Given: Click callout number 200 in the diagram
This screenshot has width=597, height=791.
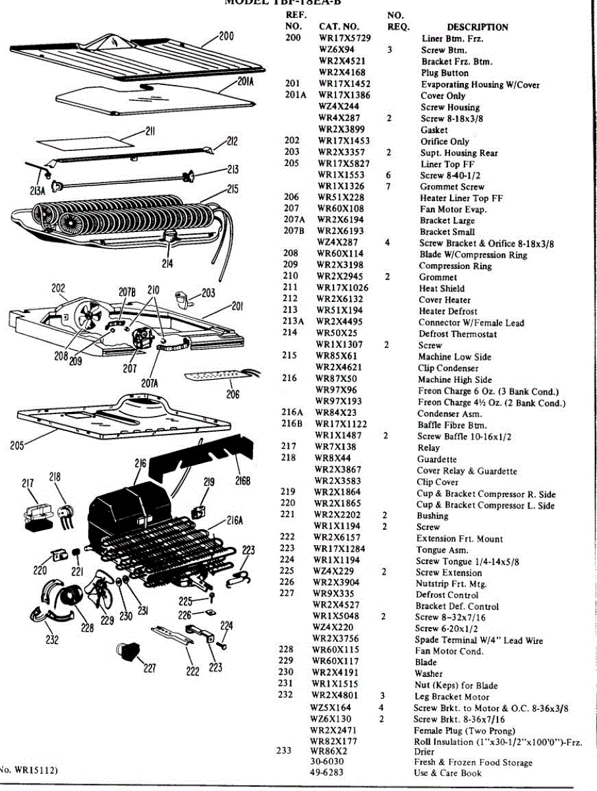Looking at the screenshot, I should [x=225, y=36].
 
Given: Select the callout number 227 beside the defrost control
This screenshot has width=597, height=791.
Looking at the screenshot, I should [x=150, y=668].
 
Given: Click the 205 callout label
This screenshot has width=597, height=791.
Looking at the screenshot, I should [x=18, y=446].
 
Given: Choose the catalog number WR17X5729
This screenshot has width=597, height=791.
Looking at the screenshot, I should [x=345, y=38].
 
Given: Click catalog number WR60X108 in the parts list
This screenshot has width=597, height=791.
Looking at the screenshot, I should [x=341, y=209].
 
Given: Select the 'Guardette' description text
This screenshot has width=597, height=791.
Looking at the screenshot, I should [x=437, y=459].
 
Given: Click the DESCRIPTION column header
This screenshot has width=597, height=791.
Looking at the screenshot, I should [x=477, y=27].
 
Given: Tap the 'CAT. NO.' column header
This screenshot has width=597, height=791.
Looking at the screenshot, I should [x=339, y=27].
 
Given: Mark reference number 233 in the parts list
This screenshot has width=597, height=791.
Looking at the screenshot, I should [x=283, y=750].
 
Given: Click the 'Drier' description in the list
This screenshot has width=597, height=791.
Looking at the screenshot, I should [x=424, y=751].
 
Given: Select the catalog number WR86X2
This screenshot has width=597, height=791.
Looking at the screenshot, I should [x=329, y=750].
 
